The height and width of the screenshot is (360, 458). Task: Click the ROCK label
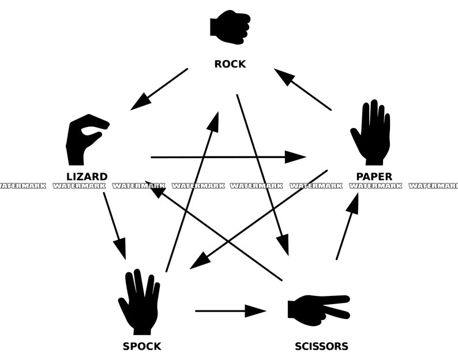[230, 64]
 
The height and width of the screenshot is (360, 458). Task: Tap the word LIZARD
[87, 177]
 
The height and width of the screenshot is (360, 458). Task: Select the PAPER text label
[374, 177]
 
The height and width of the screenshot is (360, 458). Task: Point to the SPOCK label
[142, 346]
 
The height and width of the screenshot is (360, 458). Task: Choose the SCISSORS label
[321, 346]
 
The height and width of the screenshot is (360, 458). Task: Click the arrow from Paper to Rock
[303, 89]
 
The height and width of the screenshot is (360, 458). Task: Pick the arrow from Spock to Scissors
[230, 311]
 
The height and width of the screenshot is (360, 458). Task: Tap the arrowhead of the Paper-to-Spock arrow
[200, 261]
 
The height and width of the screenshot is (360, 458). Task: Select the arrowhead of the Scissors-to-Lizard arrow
[154, 187]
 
